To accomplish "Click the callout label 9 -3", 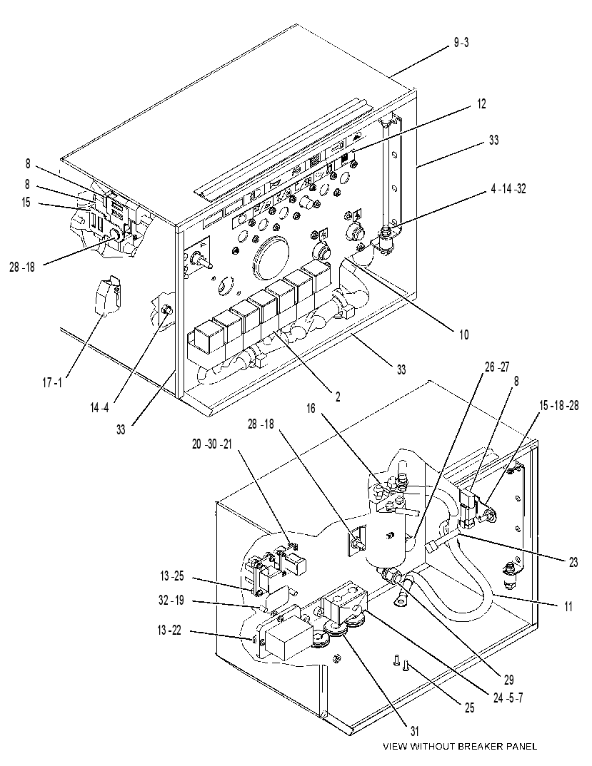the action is [x=461, y=43].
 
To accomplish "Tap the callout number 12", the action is [x=481, y=104].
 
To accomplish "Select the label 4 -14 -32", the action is [x=508, y=189].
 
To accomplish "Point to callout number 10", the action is [x=463, y=335].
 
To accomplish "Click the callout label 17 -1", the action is [x=51, y=382].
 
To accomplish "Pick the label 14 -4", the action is [x=99, y=408].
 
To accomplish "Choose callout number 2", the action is [x=338, y=397].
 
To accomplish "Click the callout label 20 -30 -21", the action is [x=212, y=444].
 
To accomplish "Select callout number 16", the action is [x=311, y=409].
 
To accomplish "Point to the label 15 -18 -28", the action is [x=558, y=405].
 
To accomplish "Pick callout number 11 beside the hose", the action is [x=567, y=606].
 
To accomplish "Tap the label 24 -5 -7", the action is [x=508, y=698].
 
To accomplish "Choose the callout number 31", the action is [x=414, y=731].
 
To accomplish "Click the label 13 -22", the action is [x=169, y=630].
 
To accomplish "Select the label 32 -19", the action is [x=171, y=601].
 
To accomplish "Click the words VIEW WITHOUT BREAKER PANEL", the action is [x=459, y=747].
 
